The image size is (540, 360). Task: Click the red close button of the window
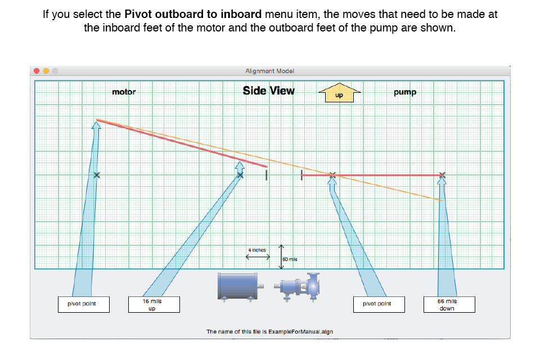(x=37, y=71)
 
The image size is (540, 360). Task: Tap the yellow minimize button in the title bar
(x=46, y=71)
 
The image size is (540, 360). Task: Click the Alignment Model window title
(x=269, y=71)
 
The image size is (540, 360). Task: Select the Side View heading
(x=269, y=91)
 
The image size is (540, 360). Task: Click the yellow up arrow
(x=340, y=93)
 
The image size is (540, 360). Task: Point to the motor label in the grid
(x=124, y=92)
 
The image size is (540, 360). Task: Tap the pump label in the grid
(x=405, y=92)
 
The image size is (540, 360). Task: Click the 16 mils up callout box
(x=154, y=304)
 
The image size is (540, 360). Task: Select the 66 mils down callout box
(x=449, y=304)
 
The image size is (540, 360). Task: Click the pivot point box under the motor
(x=84, y=304)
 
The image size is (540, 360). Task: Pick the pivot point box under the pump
(x=379, y=304)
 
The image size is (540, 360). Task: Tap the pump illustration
(x=297, y=287)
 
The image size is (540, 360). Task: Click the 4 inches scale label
(x=257, y=250)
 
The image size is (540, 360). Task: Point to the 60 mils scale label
(x=290, y=259)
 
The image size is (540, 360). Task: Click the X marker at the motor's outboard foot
(x=97, y=175)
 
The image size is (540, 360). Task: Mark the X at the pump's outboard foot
(x=442, y=175)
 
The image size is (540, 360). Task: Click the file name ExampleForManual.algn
(x=300, y=332)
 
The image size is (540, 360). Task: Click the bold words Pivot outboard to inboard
(x=193, y=14)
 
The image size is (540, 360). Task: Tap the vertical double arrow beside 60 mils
(x=281, y=256)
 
